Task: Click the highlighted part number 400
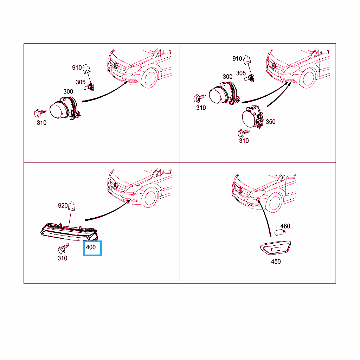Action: (91, 247)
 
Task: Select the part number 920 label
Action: (63, 205)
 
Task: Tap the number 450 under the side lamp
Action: (276, 262)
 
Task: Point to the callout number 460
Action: (285, 226)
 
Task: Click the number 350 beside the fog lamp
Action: (270, 122)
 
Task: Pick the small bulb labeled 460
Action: (280, 232)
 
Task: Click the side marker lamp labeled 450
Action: (276, 248)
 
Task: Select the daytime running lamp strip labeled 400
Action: (69, 232)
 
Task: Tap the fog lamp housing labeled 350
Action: (252, 117)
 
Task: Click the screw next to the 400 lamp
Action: (63, 249)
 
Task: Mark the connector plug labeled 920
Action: (72, 206)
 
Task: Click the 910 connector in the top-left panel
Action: (86, 69)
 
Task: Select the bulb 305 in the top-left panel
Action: (89, 87)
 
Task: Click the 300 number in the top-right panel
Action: (227, 77)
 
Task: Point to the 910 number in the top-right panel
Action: (237, 59)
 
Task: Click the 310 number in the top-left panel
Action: (41, 123)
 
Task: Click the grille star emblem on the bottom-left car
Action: (116, 185)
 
